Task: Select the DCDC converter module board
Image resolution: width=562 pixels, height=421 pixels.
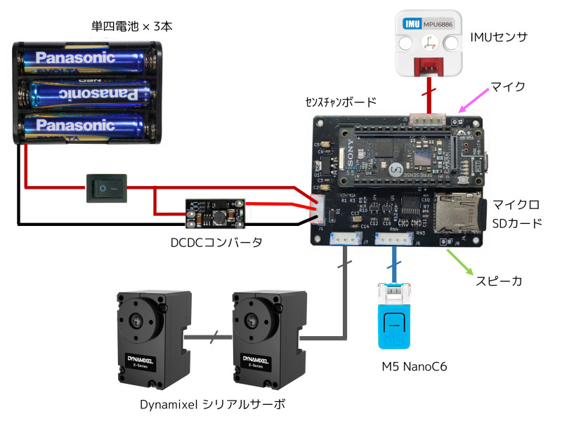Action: click(216, 213)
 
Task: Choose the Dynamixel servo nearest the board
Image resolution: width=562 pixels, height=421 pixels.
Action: click(266, 339)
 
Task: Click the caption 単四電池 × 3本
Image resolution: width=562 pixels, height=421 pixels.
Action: click(131, 27)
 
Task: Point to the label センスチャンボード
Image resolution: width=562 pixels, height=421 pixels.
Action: click(341, 102)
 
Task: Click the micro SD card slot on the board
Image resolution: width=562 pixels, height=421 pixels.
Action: click(459, 213)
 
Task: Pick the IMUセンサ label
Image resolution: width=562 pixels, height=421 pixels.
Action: click(507, 35)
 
